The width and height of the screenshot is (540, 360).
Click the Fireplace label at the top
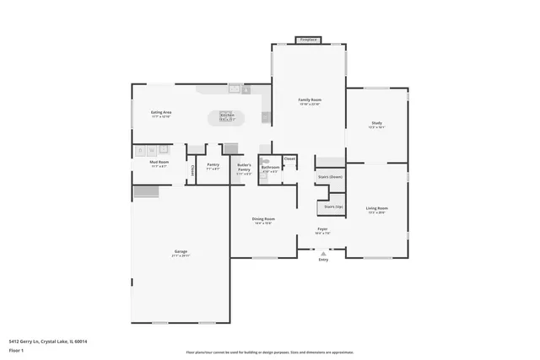(309, 39)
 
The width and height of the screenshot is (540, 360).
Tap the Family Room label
(310, 100)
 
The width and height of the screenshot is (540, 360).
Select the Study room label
(376, 124)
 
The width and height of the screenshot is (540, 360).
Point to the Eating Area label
(161, 112)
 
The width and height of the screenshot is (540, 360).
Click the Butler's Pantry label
(244, 167)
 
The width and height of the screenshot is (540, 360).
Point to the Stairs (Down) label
(330, 177)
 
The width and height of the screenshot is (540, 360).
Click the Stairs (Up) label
(333, 207)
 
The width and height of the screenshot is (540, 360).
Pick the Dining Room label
(263, 219)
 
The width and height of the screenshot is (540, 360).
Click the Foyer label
(322, 228)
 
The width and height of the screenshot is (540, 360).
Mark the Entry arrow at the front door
(322, 252)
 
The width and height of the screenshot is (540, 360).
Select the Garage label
(181, 252)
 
